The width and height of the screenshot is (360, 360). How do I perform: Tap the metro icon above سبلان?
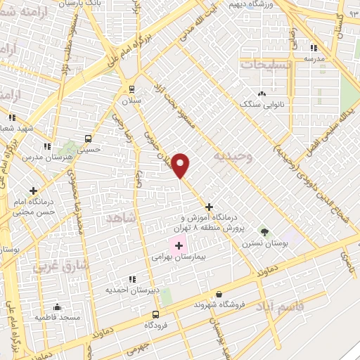coord(131,88)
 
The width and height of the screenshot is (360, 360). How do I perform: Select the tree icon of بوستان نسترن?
coord(264,231)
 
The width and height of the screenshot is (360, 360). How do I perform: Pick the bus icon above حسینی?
coord(88,139)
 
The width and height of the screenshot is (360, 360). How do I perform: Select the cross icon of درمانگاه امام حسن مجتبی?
coord(33,190)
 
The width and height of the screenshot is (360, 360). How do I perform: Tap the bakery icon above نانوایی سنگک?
coord(262,94)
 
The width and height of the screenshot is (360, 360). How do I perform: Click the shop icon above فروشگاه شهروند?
coord(219,295)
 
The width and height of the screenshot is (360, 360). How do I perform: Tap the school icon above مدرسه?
coord(313,48)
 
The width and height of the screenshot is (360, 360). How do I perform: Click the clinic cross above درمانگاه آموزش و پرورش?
coord(209,207)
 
